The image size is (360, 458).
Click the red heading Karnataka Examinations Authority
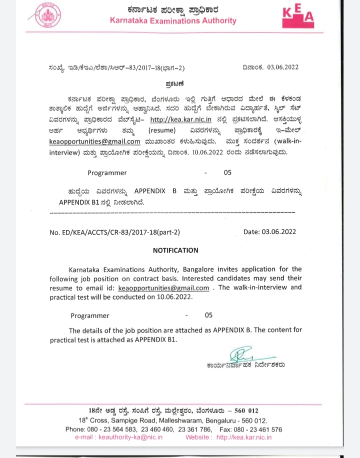173,20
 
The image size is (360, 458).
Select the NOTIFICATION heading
175,250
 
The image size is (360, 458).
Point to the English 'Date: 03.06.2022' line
269,232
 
